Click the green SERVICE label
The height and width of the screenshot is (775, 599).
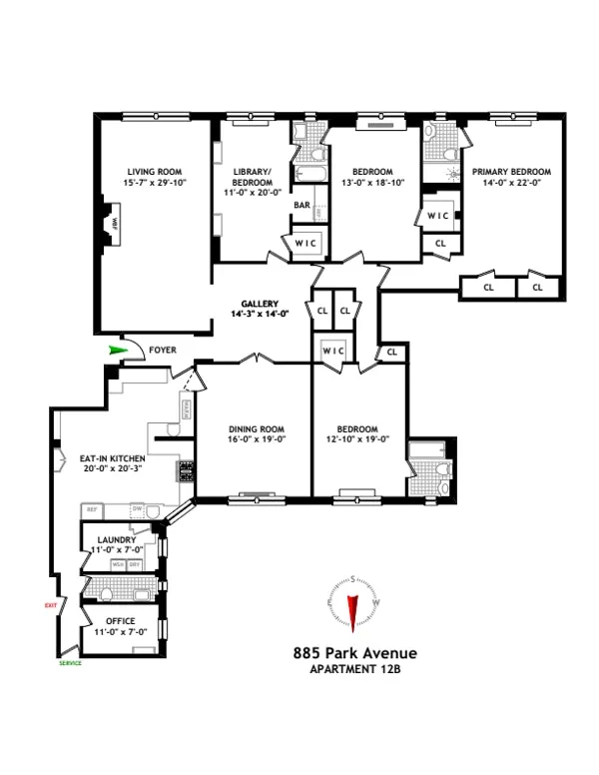69,663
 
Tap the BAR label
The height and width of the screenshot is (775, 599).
300,206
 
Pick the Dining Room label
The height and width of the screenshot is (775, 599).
245,427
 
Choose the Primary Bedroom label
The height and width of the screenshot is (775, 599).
511,172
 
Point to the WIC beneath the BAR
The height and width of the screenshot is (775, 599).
303,242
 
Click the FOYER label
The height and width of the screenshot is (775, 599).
163,351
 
